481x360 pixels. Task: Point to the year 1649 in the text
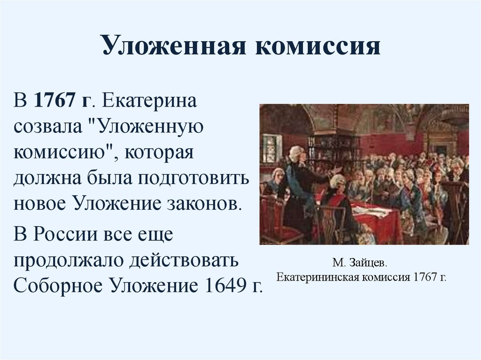point(217,286)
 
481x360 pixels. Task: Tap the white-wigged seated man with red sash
point(338,188)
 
